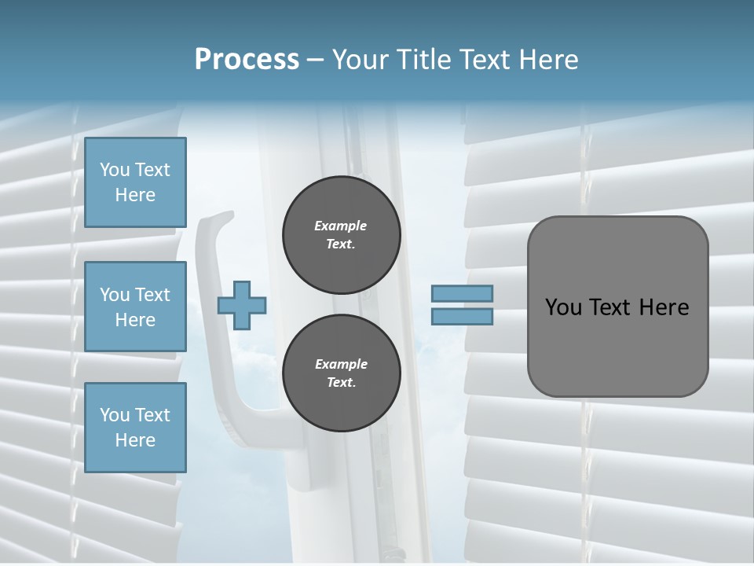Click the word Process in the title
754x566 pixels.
tap(247, 60)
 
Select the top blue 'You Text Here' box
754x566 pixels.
tap(135, 182)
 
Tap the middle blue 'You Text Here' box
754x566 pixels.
tap(135, 307)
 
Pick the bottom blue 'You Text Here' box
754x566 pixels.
tap(135, 427)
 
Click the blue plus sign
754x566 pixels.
tap(242, 305)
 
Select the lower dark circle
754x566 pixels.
tap(341, 373)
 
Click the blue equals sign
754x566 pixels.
tap(462, 305)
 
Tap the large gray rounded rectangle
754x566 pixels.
tap(617, 346)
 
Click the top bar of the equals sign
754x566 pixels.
tap(462, 293)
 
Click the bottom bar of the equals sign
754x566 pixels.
tap(462, 317)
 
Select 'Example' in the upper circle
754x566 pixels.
tap(341, 226)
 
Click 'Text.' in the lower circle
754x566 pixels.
tap(341, 383)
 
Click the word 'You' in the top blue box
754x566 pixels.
tap(115, 170)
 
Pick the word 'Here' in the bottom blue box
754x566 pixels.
tap(135, 440)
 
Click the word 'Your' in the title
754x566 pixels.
tap(359, 60)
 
